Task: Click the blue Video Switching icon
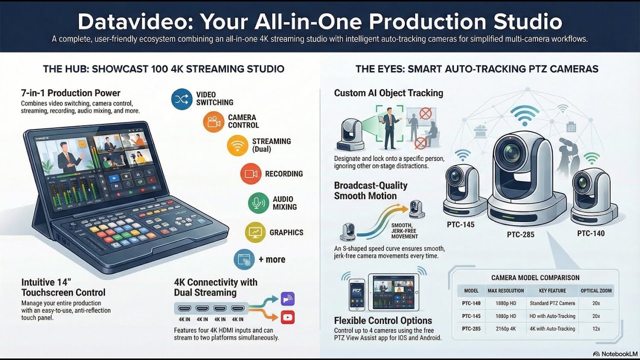[x=181, y=99]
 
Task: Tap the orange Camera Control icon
[x=213, y=122]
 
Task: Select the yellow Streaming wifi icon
[x=237, y=145]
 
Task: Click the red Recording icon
[x=251, y=174]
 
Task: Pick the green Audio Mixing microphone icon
[x=258, y=203]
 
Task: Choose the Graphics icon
[x=255, y=232]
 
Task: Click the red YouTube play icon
[x=287, y=317]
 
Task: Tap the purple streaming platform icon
[x=287, y=299]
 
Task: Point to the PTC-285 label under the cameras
[x=520, y=234]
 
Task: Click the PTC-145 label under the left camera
[x=460, y=224]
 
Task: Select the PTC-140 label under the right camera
[x=590, y=233]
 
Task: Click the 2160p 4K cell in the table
[x=505, y=328]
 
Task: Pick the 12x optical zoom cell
[x=596, y=328]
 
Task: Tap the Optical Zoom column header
[x=596, y=290]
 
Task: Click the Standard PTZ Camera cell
[x=552, y=303]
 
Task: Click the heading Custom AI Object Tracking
[x=388, y=93]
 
